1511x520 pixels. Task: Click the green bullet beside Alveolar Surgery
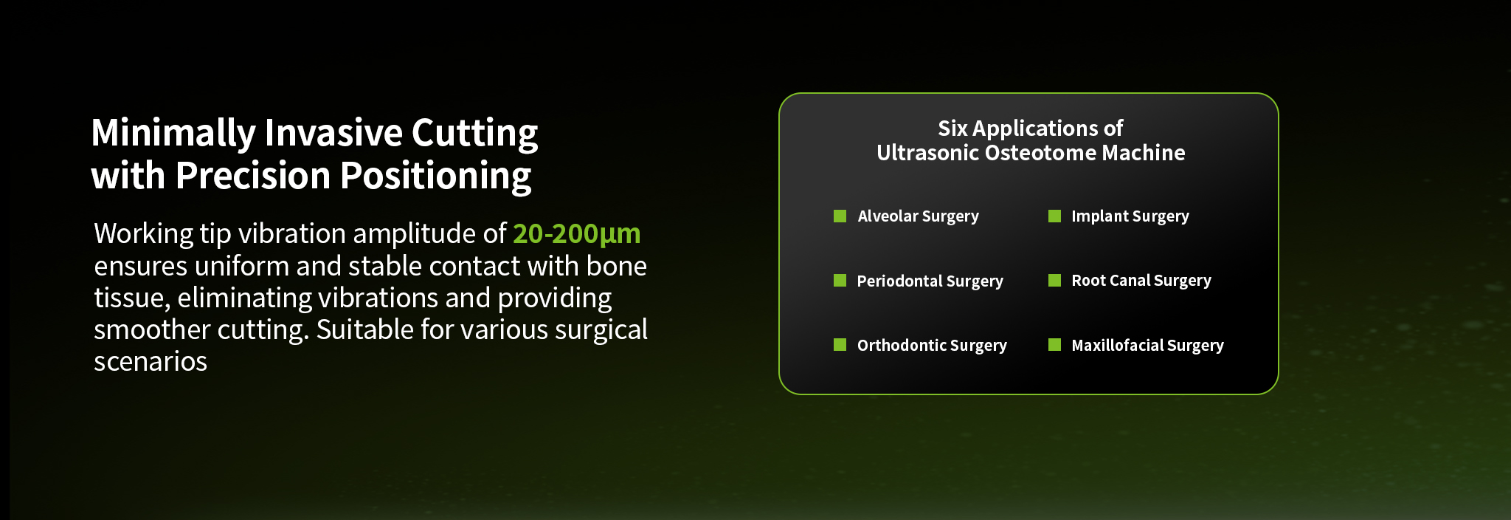840,216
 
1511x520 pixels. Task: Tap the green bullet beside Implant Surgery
1054,216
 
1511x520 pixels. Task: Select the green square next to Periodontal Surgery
840,280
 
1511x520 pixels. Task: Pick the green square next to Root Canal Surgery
1054,280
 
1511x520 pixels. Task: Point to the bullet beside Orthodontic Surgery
840,344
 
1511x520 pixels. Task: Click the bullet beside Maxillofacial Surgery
1054,344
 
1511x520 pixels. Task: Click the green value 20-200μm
577,234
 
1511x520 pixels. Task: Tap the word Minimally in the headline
173,134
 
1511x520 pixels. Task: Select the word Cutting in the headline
474,134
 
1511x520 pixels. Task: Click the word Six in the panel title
952,129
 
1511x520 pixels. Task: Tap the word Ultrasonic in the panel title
927,153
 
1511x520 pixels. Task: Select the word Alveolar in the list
888,216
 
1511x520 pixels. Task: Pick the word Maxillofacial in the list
1117,345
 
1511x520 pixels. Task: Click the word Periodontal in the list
899,281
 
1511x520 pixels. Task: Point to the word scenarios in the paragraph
151,361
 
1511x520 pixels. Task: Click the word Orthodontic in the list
902,345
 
